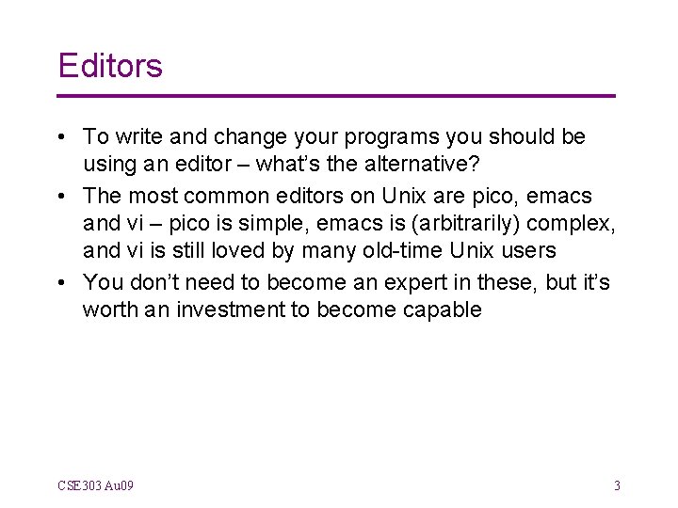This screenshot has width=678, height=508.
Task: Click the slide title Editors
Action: point(110,66)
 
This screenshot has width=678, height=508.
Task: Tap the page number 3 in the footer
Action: point(617,485)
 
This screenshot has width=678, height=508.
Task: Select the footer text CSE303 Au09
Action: point(95,485)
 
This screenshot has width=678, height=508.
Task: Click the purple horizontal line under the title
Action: point(336,96)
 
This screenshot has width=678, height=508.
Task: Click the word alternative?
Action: point(419,166)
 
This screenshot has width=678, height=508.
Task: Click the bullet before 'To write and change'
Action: point(62,137)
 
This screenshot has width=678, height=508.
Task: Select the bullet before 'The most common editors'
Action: point(62,196)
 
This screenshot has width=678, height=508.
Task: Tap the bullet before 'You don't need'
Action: point(62,283)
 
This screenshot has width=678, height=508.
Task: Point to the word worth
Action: point(108,310)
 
